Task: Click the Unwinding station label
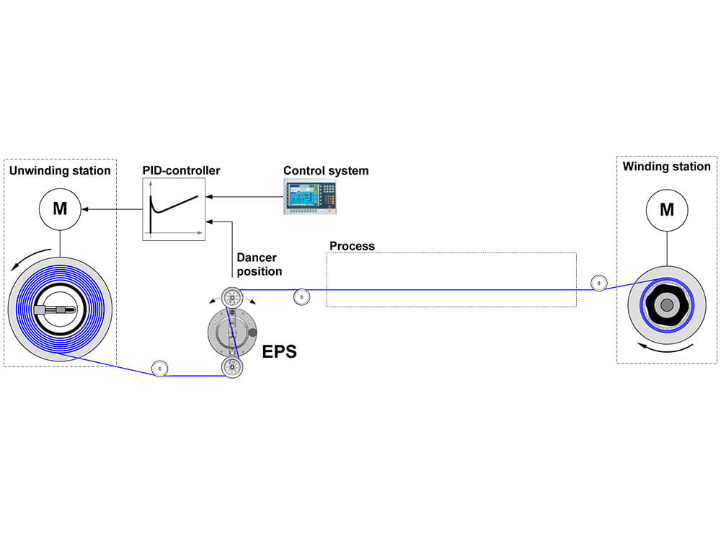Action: click(x=59, y=171)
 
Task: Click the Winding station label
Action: click(x=666, y=167)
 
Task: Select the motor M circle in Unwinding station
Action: click(x=60, y=209)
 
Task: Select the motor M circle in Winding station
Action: click(x=667, y=209)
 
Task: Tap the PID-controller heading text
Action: click(x=181, y=171)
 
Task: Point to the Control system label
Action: click(x=326, y=171)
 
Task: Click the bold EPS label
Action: click(x=279, y=353)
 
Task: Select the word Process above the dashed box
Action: click(x=352, y=246)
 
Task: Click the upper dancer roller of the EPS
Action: click(x=232, y=297)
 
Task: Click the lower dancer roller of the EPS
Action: click(x=232, y=366)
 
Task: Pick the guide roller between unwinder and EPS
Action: click(x=159, y=369)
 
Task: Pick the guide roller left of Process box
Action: click(x=301, y=296)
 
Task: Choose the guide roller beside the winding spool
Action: click(x=598, y=283)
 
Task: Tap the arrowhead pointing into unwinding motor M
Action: click(x=86, y=209)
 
